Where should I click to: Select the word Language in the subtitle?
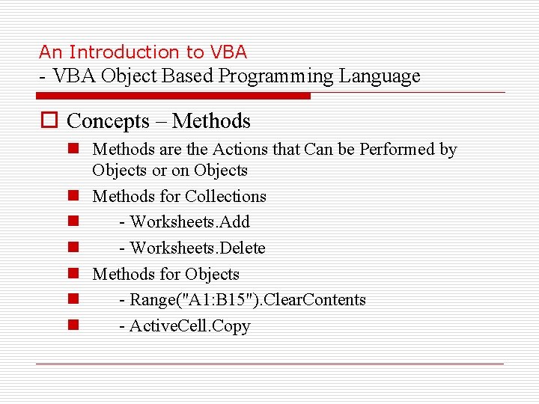point(380,76)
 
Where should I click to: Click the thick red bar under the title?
point(174,96)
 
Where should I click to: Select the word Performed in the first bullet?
point(398,150)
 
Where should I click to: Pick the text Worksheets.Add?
point(189,222)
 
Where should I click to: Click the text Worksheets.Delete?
point(198,248)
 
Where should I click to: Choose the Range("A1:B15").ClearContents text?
point(248,300)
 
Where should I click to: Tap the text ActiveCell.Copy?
point(189,326)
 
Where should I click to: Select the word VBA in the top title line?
point(228,52)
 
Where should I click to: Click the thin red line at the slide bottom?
point(269,364)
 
